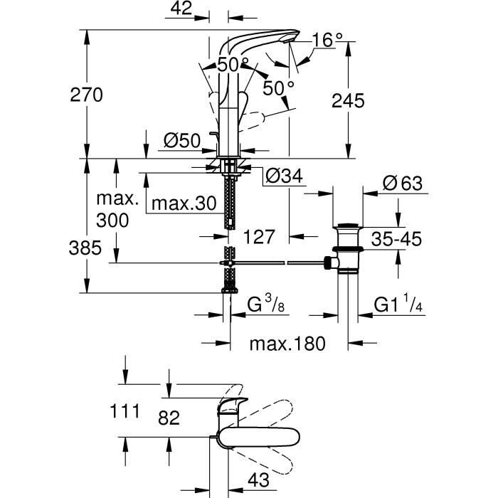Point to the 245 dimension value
coord(348,101)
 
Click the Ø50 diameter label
coord(180,142)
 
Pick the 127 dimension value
coord(259,237)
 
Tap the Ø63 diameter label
coord(402,184)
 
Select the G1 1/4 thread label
coord(398,305)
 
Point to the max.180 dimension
coord(287,344)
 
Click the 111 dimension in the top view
coord(124,410)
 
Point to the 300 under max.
coord(114,221)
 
